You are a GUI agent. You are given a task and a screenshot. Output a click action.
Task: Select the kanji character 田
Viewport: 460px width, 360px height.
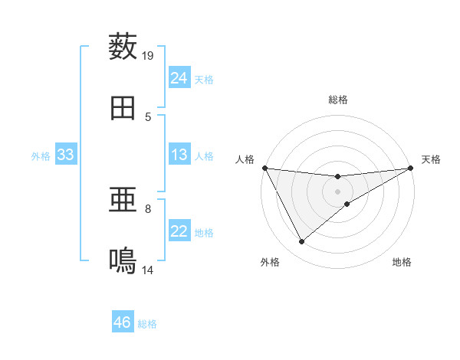tap(123, 108)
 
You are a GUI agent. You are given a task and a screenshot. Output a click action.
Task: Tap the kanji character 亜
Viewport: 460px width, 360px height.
tap(123, 201)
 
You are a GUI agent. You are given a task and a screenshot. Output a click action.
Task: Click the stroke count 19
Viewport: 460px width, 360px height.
tap(148, 55)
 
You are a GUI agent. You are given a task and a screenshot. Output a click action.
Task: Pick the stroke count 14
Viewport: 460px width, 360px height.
tap(148, 270)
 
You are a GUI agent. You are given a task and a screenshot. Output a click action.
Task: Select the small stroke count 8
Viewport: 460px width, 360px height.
tap(148, 208)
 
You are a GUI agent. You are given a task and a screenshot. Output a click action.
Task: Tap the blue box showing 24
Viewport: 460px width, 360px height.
tap(179, 77)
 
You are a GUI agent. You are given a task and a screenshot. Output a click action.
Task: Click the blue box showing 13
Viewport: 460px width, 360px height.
tap(179, 155)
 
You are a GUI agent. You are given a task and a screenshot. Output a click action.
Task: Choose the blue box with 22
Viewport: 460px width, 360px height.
tap(179, 231)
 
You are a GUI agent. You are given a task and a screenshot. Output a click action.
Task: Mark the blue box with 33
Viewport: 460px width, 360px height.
tap(66, 155)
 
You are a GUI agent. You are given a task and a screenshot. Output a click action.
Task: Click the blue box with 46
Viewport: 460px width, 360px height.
tap(123, 322)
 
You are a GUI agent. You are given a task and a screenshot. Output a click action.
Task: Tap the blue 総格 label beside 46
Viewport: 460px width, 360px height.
tap(147, 324)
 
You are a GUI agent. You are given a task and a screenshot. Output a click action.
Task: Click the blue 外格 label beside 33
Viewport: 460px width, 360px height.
tap(41, 156)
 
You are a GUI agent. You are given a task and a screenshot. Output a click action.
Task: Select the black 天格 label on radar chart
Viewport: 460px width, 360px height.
tap(431, 159)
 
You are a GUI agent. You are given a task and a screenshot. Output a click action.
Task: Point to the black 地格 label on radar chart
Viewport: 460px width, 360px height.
tap(402, 263)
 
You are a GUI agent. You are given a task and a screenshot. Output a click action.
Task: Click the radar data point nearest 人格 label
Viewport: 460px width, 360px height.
tap(264, 168)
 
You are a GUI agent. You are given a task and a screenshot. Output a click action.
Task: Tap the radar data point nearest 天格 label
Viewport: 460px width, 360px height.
tap(411, 168)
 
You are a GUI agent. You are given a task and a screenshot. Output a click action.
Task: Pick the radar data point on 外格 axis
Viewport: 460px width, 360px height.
tap(301, 242)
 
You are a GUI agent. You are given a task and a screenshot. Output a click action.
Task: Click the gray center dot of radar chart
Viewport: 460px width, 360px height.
tap(338, 191)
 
